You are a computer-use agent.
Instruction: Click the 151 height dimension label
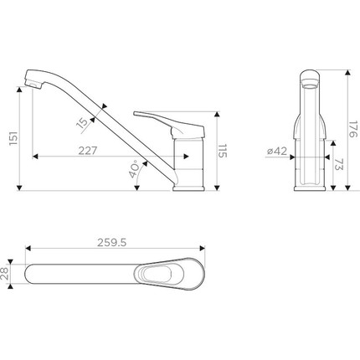pyautogui.click(x=13, y=138)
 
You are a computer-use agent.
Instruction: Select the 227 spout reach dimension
pyautogui.click(x=88, y=151)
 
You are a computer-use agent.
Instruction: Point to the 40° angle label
pyautogui.click(x=134, y=169)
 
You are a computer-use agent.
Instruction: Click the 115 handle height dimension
pyautogui.click(x=223, y=151)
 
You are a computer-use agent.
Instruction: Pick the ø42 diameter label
pyautogui.click(x=277, y=151)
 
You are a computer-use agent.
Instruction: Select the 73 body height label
pyautogui.click(x=338, y=164)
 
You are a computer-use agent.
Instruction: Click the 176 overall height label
pyautogui.click(x=353, y=129)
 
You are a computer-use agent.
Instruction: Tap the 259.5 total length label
pyautogui.click(x=112, y=243)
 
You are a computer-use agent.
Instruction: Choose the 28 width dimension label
pyautogui.click(x=5, y=274)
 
